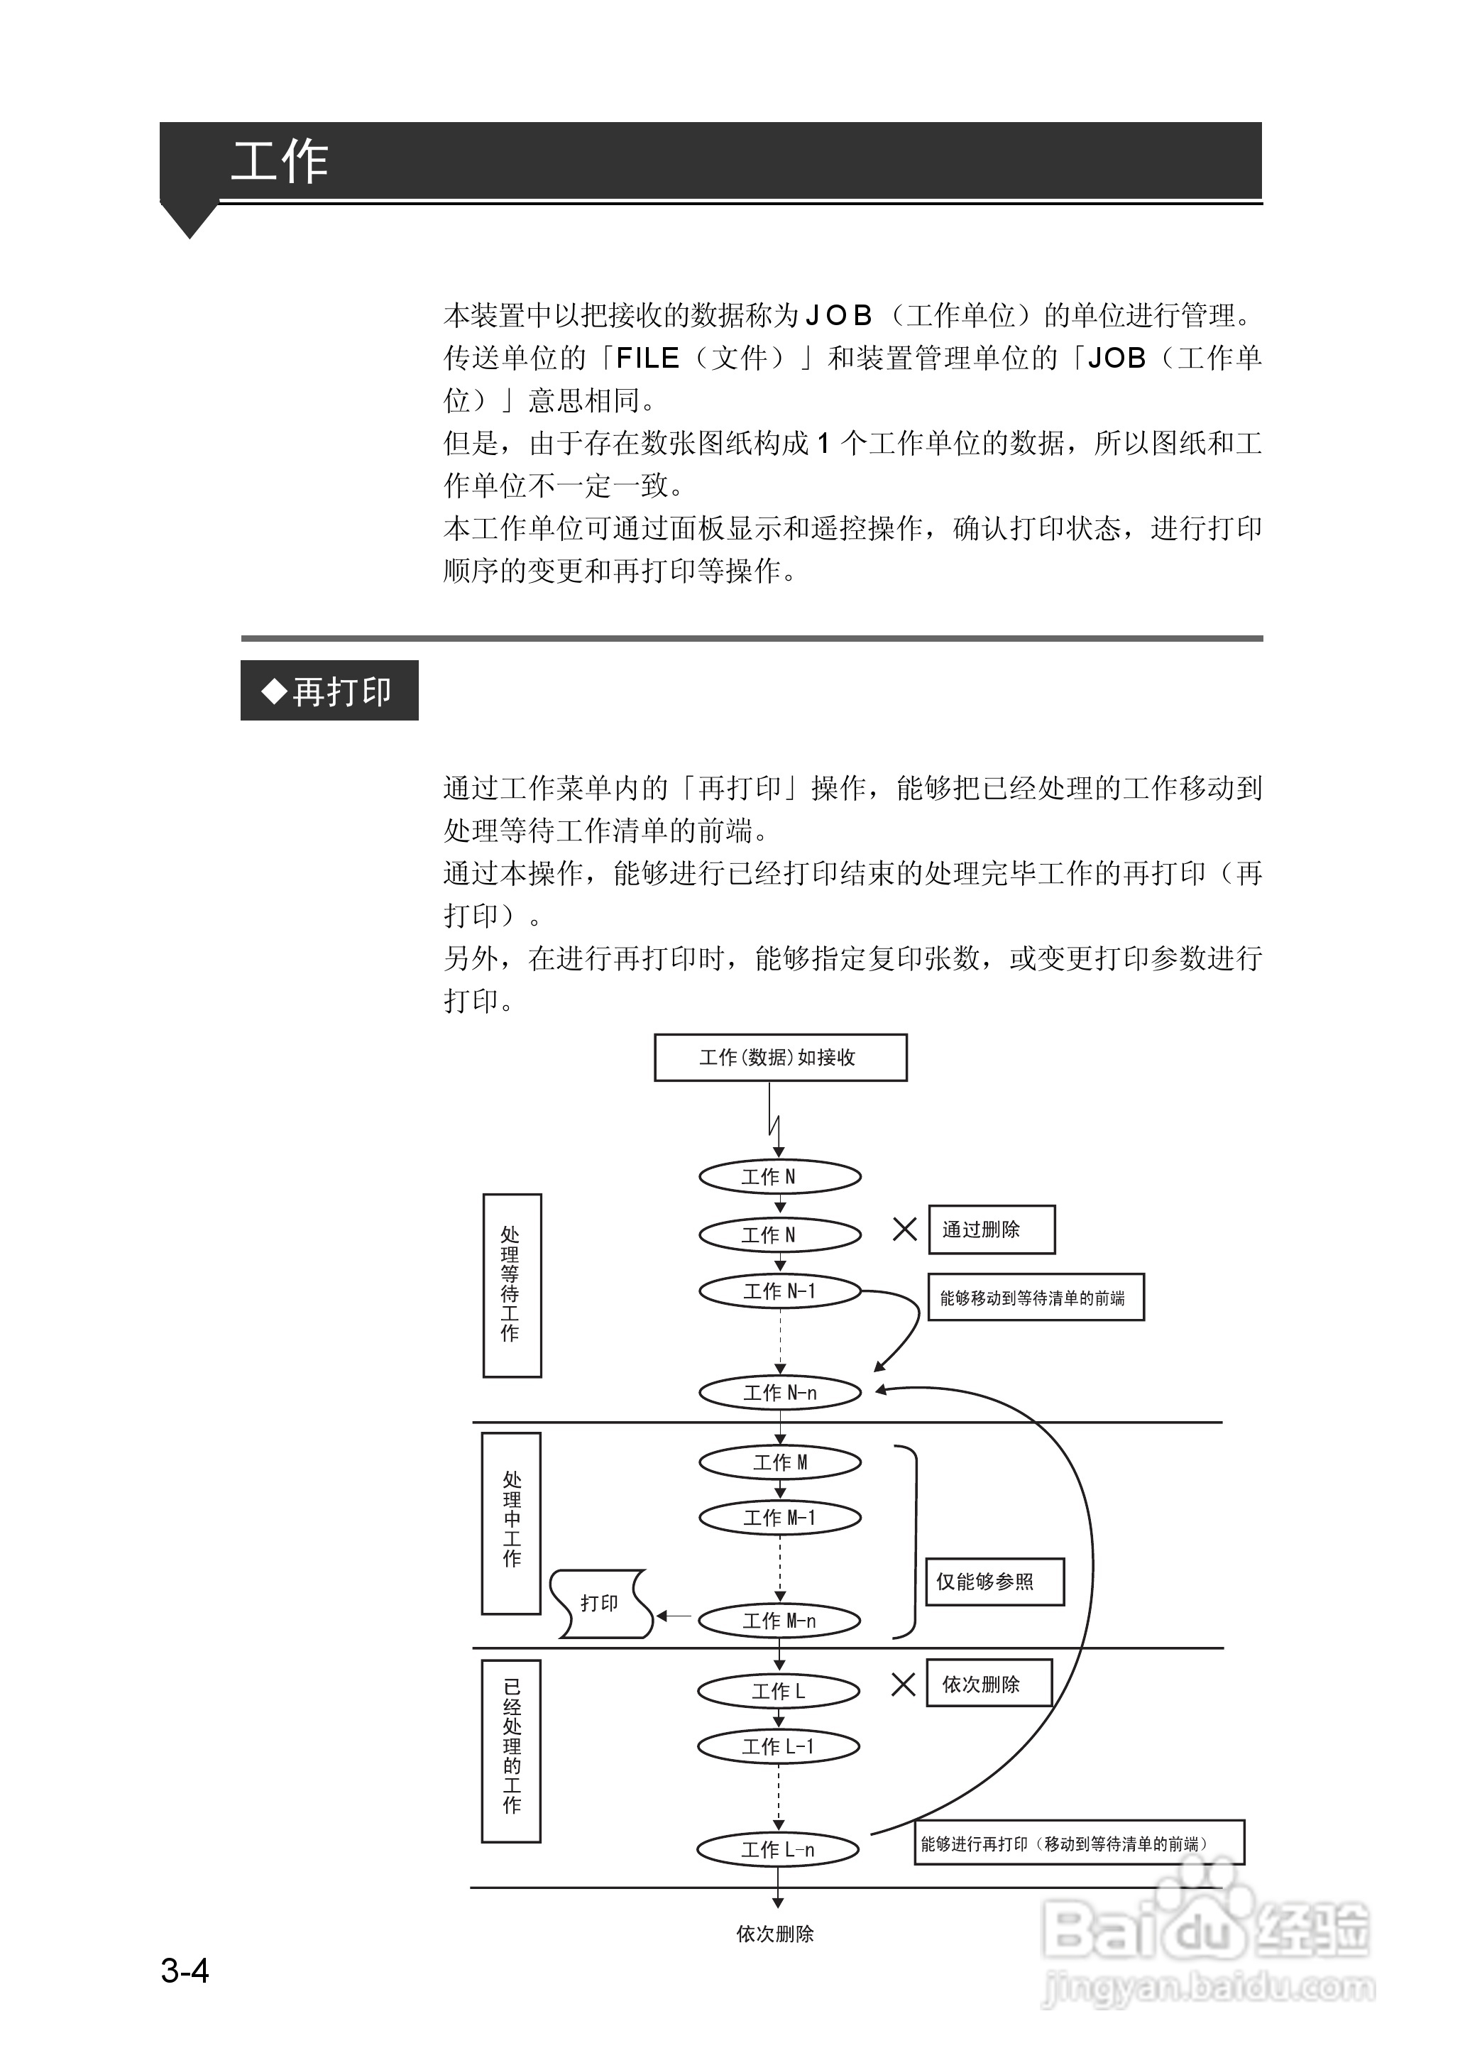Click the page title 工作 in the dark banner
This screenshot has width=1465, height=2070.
pyautogui.click(x=280, y=163)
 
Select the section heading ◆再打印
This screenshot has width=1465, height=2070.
pyautogui.click(x=329, y=691)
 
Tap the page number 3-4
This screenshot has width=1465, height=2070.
pyautogui.click(x=185, y=1970)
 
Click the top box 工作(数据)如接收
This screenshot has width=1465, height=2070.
pyautogui.click(x=780, y=1057)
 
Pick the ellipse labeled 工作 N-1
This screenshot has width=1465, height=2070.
pyautogui.click(x=780, y=1291)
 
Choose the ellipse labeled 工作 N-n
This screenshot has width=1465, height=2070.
pyautogui.click(x=780, y=1393)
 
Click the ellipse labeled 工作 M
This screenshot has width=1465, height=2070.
pyautogui.click(x=780, y=1462)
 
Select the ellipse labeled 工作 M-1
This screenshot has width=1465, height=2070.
pyautogui.click(x=780, y=1518)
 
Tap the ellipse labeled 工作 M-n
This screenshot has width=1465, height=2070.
pyautogui.click(x=780, y=1621)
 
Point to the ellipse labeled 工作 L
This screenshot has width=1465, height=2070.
pyautogui.click(x=779, y=1691)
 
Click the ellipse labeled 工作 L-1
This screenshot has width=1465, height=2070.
pyautogui.click(x=779, y=1746)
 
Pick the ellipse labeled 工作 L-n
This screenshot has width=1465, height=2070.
pyautogui.click(x=779, y=1850)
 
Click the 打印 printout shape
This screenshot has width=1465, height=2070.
pyautogui.click(x=600, y=1603)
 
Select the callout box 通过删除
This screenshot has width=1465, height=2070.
pyautogui.click(x=992, y=1230)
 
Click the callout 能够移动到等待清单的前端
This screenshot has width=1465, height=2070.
pyautogui.click(x=1036, y=1298)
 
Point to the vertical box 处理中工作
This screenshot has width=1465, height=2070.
pyautogui.click(x=512, y=1523)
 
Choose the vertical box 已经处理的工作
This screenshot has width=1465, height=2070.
pyautogui.click(x=512, y=1751)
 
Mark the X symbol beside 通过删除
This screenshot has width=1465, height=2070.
pyautogui.click(x=904, y=1230)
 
